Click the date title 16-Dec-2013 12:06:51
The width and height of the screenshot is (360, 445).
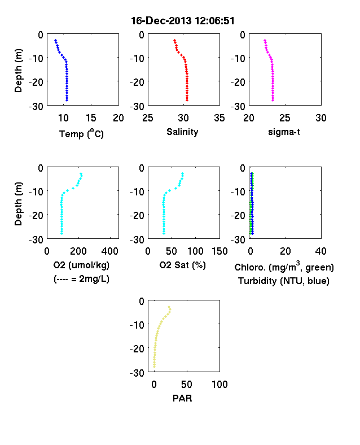pyautogui.click(x=183, y=21)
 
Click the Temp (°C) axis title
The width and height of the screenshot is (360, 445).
pyautogui.click(x=81, y=133)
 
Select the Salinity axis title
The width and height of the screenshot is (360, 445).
pyautogui.click(x=182, y=132)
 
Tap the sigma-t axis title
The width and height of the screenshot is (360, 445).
pyautogui.click(x=284, y=132)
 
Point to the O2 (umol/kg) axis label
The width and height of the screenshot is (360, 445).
pyautogui.click(x=81, y=265)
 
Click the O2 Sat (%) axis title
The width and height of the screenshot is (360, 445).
pyautogui.click(x=183, y=265)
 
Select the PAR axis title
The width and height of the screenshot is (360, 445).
pyautogui.click(x=182, y=398)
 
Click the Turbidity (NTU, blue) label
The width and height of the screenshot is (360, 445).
pyautogui.click(x=284, y=281)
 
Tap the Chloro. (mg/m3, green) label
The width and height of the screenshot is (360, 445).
pyautogui.click(x=284, y=267)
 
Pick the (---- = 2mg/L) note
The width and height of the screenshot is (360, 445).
pyautogui.click(x=81, y=279)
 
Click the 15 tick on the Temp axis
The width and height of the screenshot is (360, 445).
pyautogui.click(x=91, y=118)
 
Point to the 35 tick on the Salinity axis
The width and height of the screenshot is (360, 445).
pyautogui.click(x=219, y=118)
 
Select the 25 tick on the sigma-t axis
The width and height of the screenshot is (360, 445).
pyautogui.click(x=285, y=118)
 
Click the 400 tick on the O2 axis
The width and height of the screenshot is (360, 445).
pyautogui.click(x=110, y=251)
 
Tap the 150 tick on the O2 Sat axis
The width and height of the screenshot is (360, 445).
pyautogui.click(x=219, y=251)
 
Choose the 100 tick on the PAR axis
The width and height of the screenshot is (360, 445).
pyautogui.click(x=219, y=384)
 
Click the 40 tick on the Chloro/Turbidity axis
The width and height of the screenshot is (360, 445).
pyautogui.click(x=321, y=251)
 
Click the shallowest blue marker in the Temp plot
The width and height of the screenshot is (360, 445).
pyautogui.click(x=55, y=41)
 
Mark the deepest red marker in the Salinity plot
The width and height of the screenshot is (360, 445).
pyautogui.click(x=187, y=100)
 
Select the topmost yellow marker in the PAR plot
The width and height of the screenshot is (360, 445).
pyautogui.click(x=169, y=307)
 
